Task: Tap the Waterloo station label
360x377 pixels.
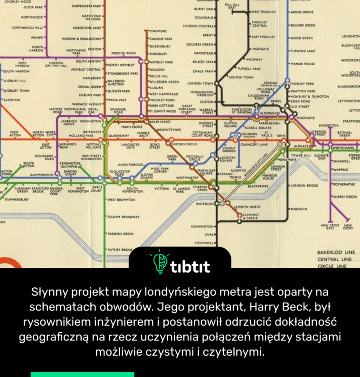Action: coord(205,203)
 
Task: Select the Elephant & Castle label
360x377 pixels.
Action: coord(251,216)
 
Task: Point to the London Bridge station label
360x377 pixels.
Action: coord(304,185)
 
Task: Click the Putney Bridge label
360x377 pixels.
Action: coord(120,249)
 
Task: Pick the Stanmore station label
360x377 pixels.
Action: coord(158,30)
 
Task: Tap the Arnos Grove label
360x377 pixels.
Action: coord(303,12)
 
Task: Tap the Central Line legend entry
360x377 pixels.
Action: coord(335,260)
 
